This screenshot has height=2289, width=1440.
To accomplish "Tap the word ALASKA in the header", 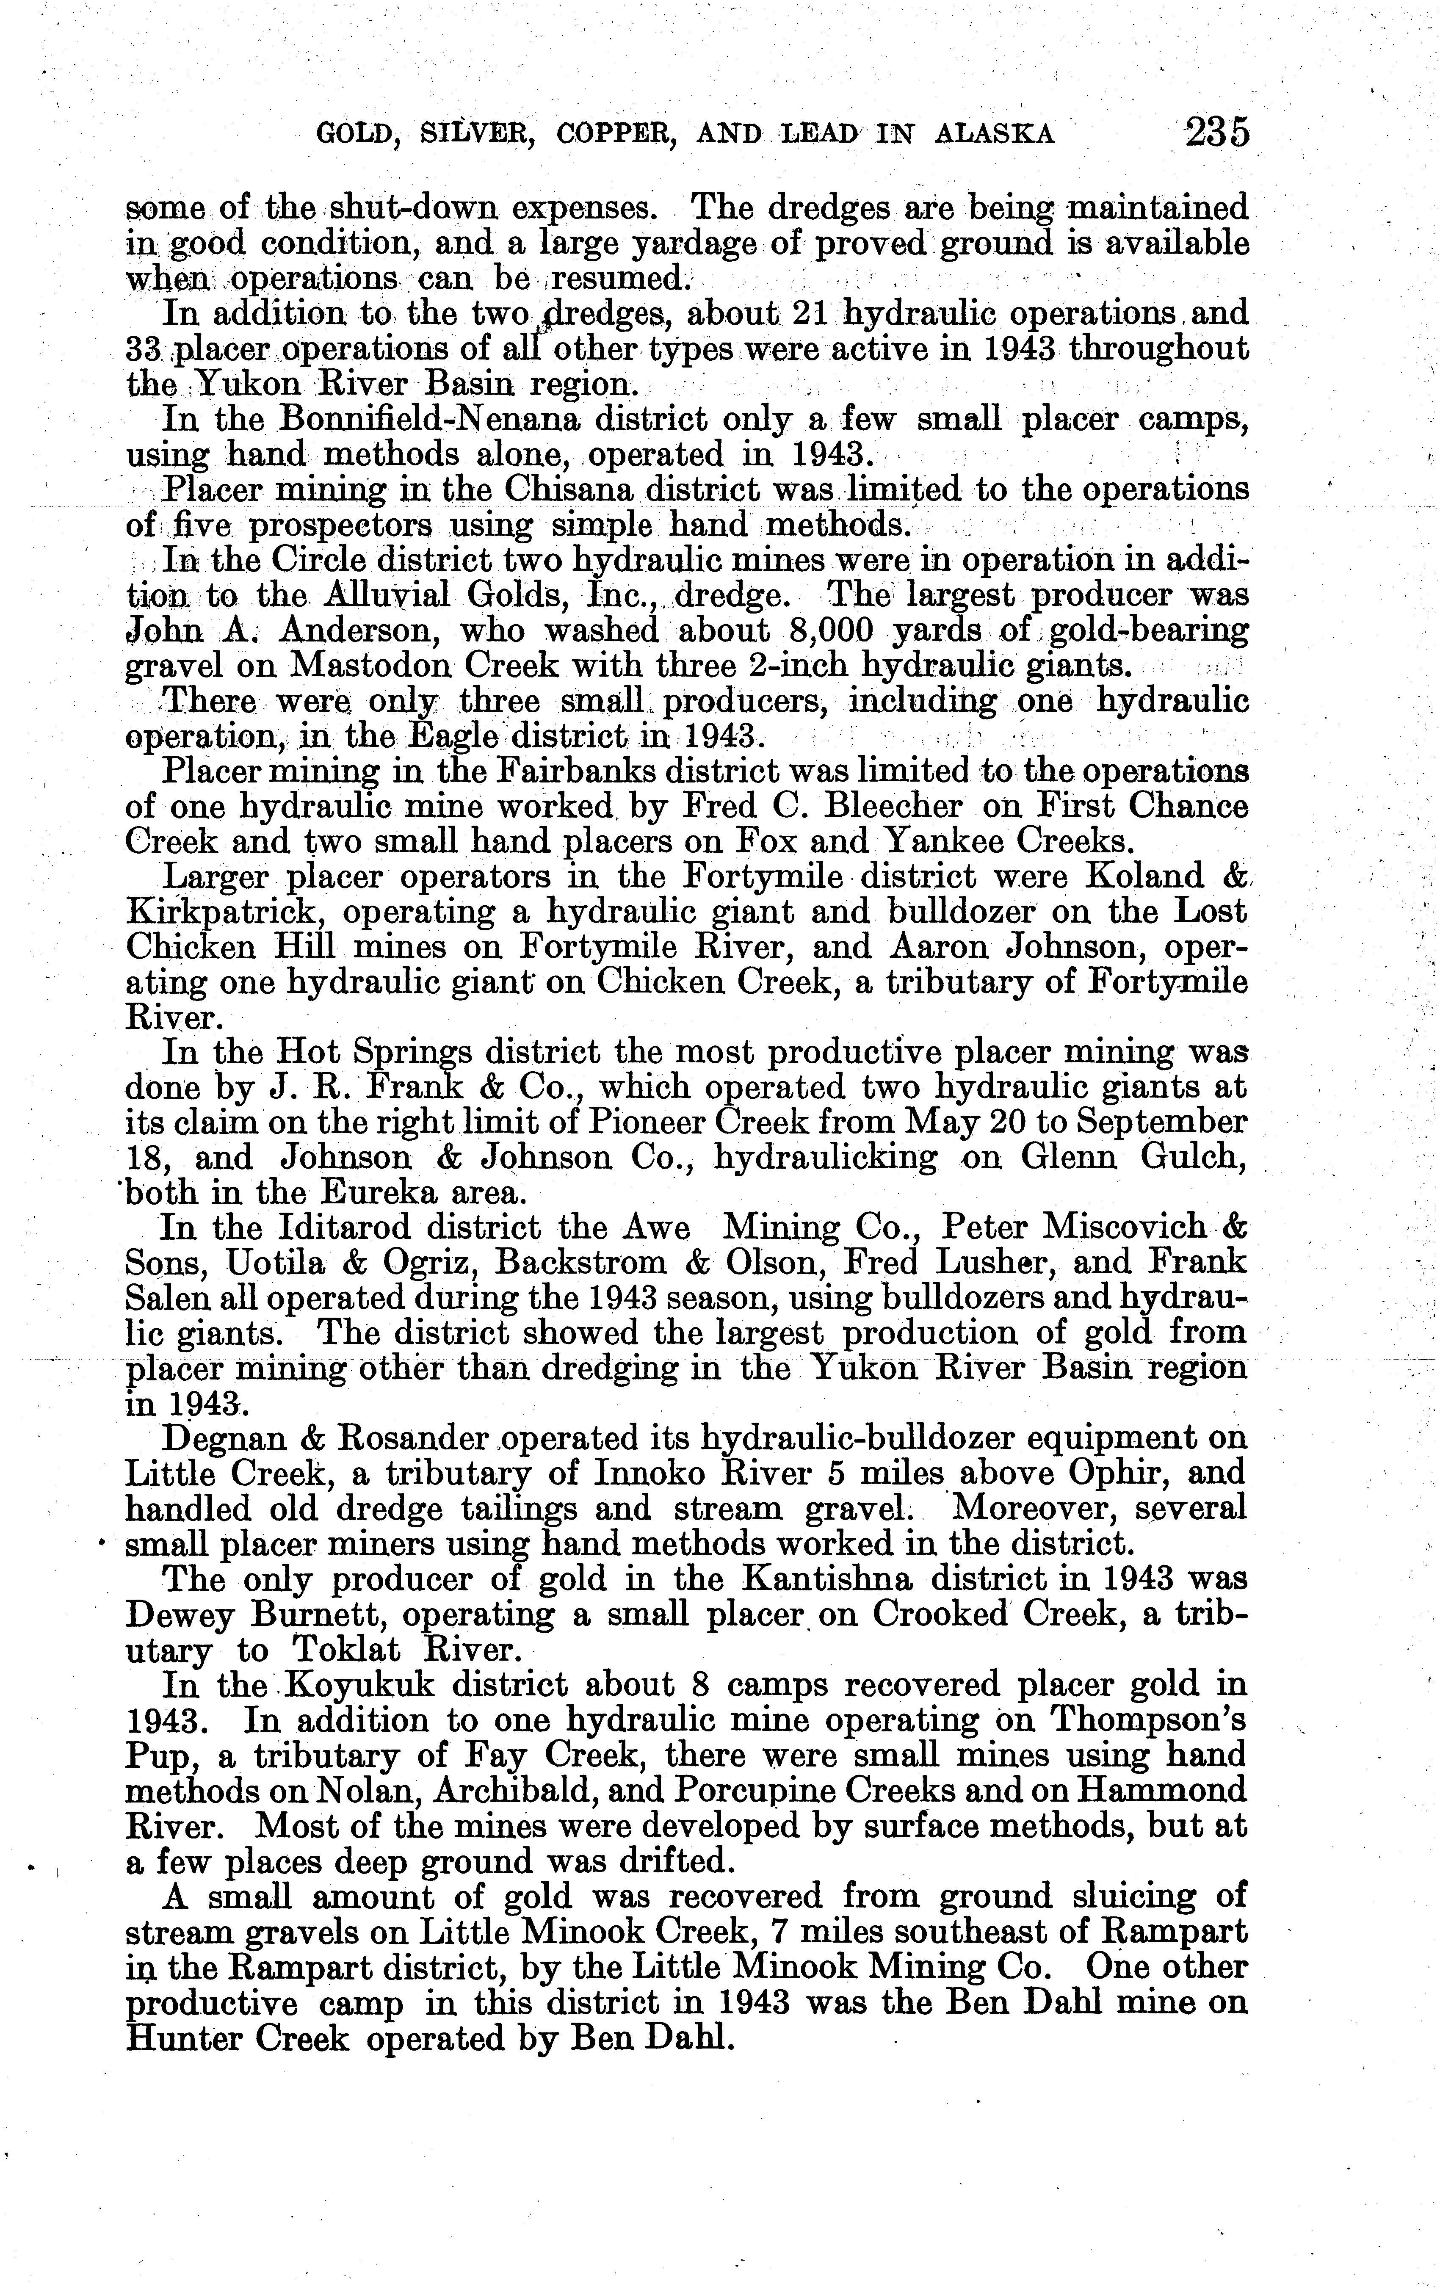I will pyautogui.click(x=995, y=135).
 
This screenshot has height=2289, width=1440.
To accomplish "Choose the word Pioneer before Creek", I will pyautogui.click(x=649, y=1122).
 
